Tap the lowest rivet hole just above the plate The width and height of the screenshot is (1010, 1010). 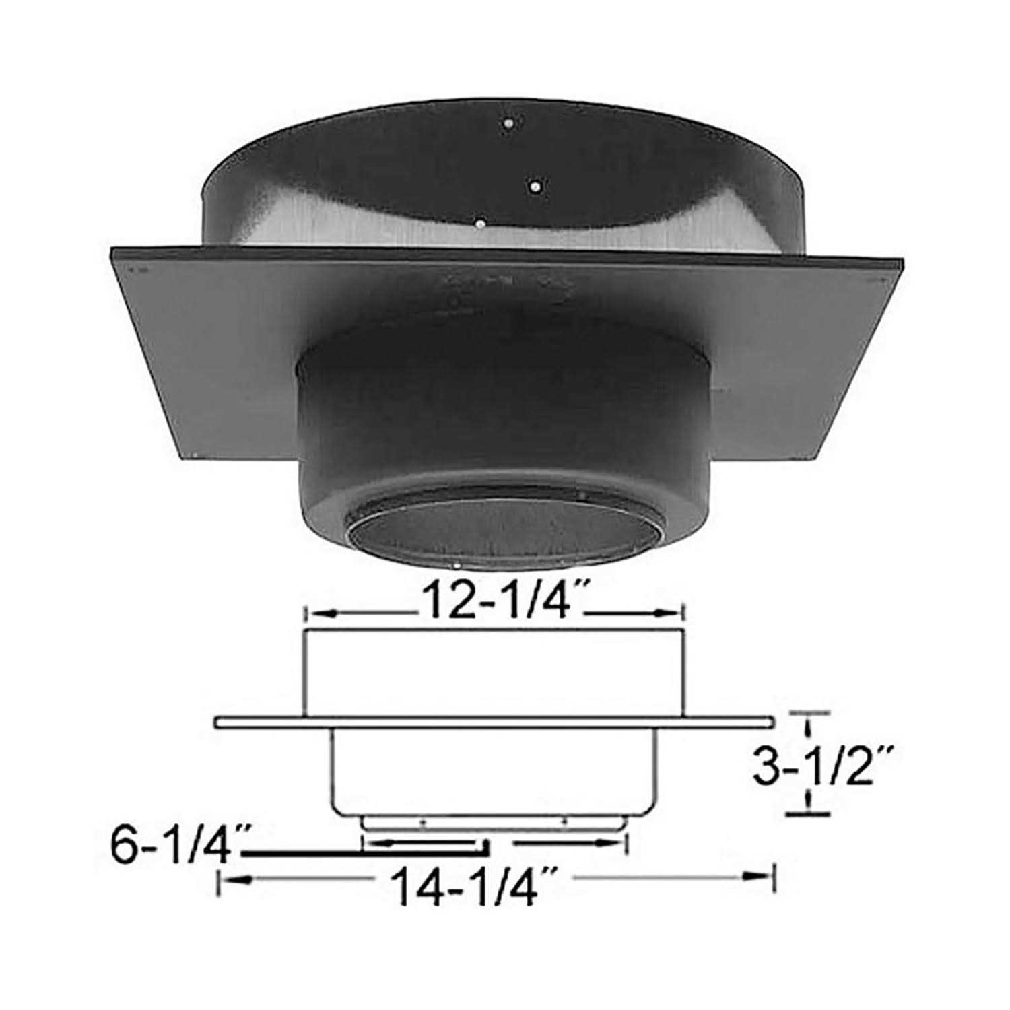[x=479, y=222]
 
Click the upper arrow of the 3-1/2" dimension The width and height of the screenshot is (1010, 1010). [x=807, y=727]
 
